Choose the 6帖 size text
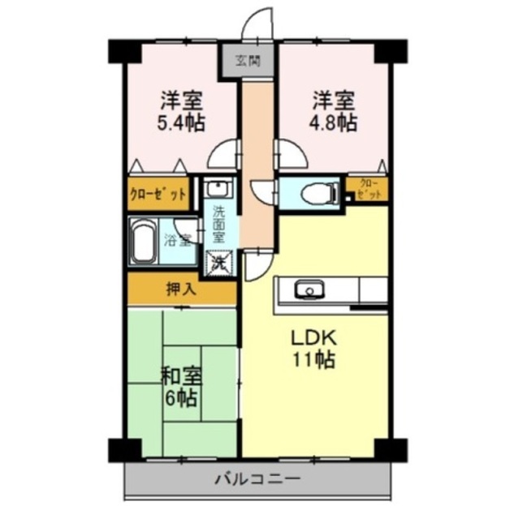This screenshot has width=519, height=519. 181,399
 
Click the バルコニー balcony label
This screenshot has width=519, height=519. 258,478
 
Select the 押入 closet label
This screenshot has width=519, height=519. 180,290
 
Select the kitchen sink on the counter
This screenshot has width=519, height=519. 308,290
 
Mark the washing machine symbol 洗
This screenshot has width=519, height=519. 218,262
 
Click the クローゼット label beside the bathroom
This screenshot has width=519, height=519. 158,194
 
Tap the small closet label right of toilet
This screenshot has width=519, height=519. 368,190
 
